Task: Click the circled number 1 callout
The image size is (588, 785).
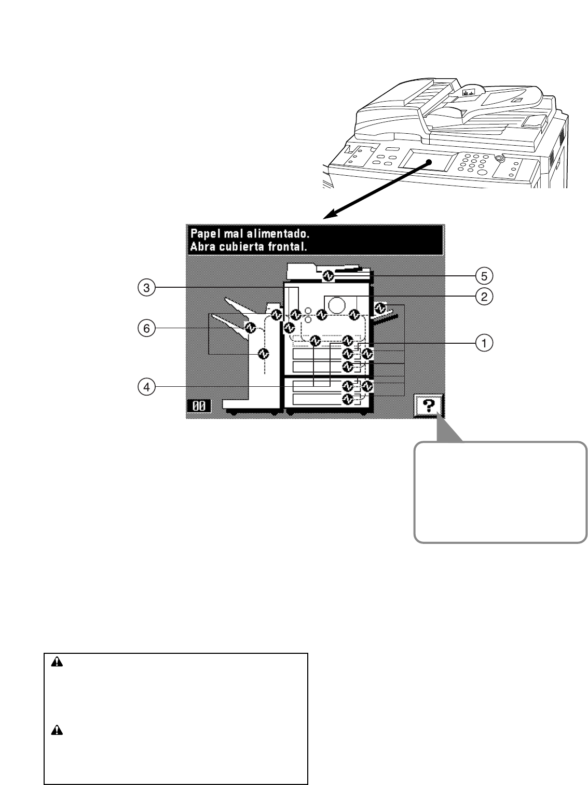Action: click(x=484, y=342)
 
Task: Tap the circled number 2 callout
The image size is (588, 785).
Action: click(x=484, y=296)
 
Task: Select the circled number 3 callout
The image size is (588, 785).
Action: click(x=147, y=288)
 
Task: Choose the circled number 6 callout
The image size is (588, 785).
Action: click(x=147, y=328)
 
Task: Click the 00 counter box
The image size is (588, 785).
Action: click(x=199, y=406)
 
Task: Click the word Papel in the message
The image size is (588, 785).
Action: click(x=204, y=233)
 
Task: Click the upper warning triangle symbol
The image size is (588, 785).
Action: click(x=57, y=662)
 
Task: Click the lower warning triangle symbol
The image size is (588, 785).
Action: click(x=57, y=731)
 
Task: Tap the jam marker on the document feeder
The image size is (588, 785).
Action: click(x=327, y=275)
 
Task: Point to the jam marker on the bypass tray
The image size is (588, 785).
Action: click(x=380, y=307)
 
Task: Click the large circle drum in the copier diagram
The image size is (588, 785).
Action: click(x=338, y=304)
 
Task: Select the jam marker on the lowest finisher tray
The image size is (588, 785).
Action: click(x=263, y=354)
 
